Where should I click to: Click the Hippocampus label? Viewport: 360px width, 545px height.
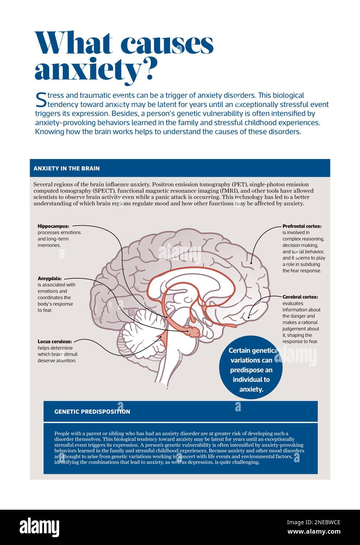[53, 226]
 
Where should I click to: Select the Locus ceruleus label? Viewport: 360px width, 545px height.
[55, 342]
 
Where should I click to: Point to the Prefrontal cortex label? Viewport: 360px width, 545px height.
[302, 226]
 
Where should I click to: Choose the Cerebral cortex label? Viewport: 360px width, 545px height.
[300, 297]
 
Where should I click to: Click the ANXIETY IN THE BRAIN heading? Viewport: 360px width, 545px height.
[67, 169]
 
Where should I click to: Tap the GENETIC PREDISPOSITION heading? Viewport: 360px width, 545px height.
[92, 412]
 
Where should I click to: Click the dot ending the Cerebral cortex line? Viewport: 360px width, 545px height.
[249, 317]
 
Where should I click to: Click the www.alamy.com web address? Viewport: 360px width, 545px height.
[314, 532]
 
